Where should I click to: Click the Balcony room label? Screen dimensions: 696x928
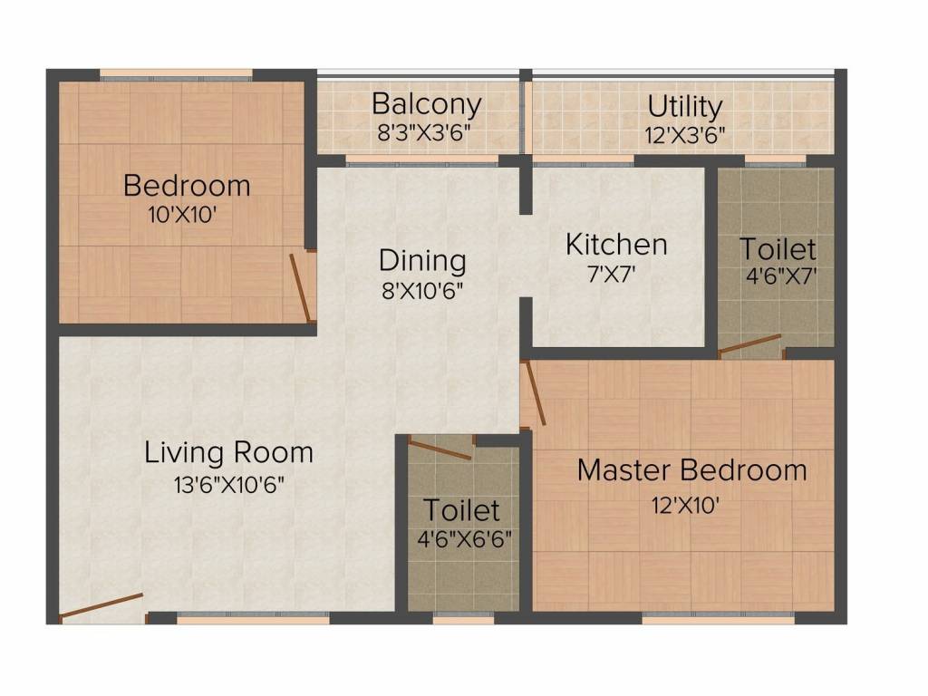click(x=426, y=103)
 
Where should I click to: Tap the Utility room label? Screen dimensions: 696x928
click(x=685, y=106)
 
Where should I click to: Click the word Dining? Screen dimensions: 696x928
click(x=422, y=261)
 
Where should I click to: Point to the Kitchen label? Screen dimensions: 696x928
click(x=616, y=245)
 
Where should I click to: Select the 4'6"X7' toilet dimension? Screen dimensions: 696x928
click(x=777, y=276)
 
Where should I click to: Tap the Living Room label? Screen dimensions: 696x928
click(x=228, y=451)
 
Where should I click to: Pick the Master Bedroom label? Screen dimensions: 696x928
click(x=691, y=470)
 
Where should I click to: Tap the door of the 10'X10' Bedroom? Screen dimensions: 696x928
click(x=301, y=288)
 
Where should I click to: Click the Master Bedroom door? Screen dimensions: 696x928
click(x=534, y=393)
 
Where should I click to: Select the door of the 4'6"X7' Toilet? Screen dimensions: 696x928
click(x=750, y=344)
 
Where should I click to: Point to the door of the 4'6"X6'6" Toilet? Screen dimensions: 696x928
click(x=440, y=449)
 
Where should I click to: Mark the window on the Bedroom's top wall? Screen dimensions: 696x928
click(x=176, y=76)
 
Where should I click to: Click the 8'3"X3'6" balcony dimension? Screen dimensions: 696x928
click(x=424, y=132)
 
